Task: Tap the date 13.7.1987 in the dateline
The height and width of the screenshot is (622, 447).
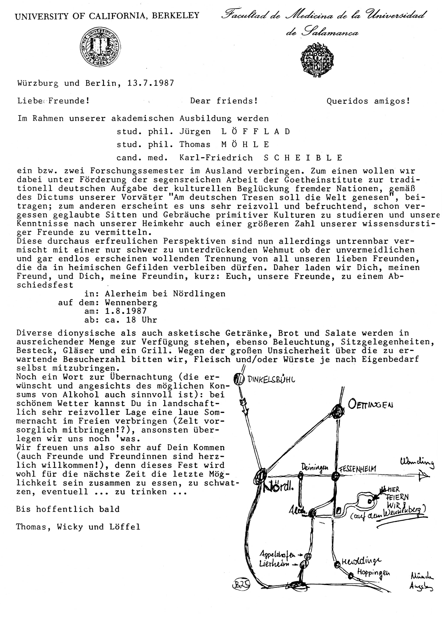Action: click(151, 83)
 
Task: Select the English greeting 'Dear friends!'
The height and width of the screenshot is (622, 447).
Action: click(224, 101)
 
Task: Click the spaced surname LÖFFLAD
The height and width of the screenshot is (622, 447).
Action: click(256, 132)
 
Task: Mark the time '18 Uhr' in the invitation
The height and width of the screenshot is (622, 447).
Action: click(141, 320)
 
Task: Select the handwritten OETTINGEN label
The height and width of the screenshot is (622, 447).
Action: click(370, 404)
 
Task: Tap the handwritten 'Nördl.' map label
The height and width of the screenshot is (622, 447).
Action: click(278, 487)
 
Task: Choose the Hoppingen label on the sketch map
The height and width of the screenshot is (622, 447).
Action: click(373, 572)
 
